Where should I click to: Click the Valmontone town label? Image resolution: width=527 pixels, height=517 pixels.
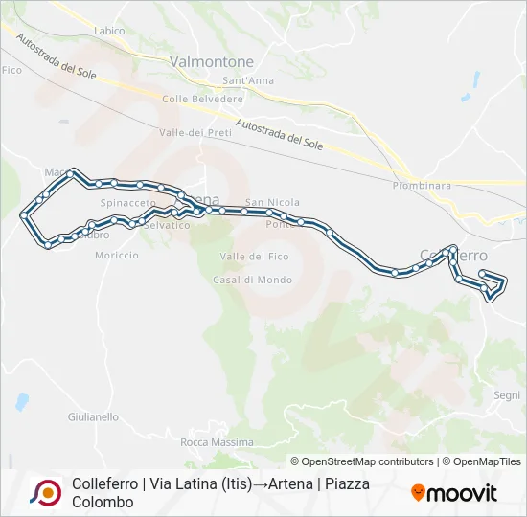[x=211, y=61]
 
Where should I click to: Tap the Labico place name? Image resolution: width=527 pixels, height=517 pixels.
[x=109, y=31]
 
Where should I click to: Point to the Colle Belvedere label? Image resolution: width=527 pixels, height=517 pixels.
[x=202, y=99]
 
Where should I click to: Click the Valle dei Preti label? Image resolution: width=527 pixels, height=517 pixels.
[x=195, y=132]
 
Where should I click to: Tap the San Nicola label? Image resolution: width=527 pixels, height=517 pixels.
[x=272, y=202]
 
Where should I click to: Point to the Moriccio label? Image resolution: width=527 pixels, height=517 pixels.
[x=117, y=256]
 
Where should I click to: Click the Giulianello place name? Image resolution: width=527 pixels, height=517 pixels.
[x=94, y=417]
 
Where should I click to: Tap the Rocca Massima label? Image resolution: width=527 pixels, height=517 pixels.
[x=218, y=442]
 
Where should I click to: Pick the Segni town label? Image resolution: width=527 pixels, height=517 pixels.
[x=507, y=395]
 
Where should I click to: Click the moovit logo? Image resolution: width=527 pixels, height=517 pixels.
[x=454, y=493]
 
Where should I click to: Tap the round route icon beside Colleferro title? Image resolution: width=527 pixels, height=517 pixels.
[x=45, y=492]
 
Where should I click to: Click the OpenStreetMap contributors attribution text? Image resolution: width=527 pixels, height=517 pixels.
[x=362, y=461]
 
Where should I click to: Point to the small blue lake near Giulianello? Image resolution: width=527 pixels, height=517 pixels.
[x=21, y=400]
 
